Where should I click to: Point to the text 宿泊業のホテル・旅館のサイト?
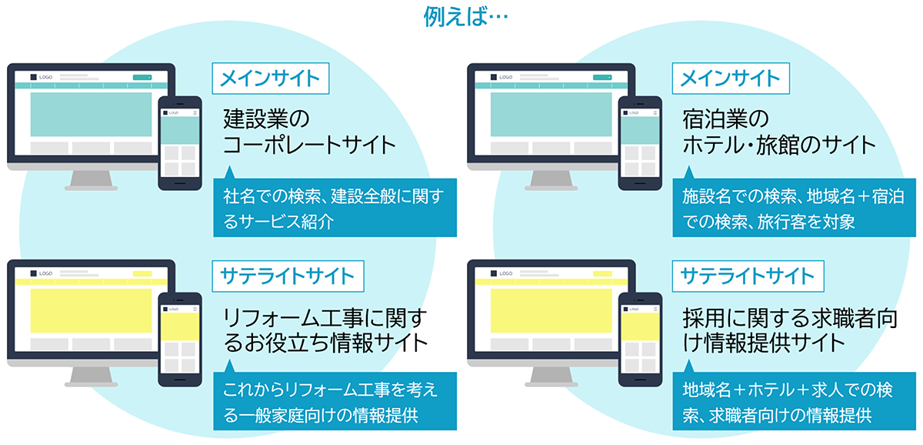[x=778, y=132]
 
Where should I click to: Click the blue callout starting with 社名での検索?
[x=335, y=208]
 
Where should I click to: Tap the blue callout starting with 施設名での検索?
[x=795, y=208]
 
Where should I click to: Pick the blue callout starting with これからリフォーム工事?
[x=335, y=402]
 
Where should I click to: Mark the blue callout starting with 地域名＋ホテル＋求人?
[x=795, y=402]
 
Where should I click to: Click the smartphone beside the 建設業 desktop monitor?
[x=180, y=142]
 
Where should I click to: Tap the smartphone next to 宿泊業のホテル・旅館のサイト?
[x=640, y=142]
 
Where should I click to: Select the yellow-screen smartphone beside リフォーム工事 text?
[x=180, y=339]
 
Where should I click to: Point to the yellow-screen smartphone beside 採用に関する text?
[x=640, y=339]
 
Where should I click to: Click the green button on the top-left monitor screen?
[x=142, y=77]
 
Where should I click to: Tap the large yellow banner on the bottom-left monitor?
[x=91, y=310]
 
